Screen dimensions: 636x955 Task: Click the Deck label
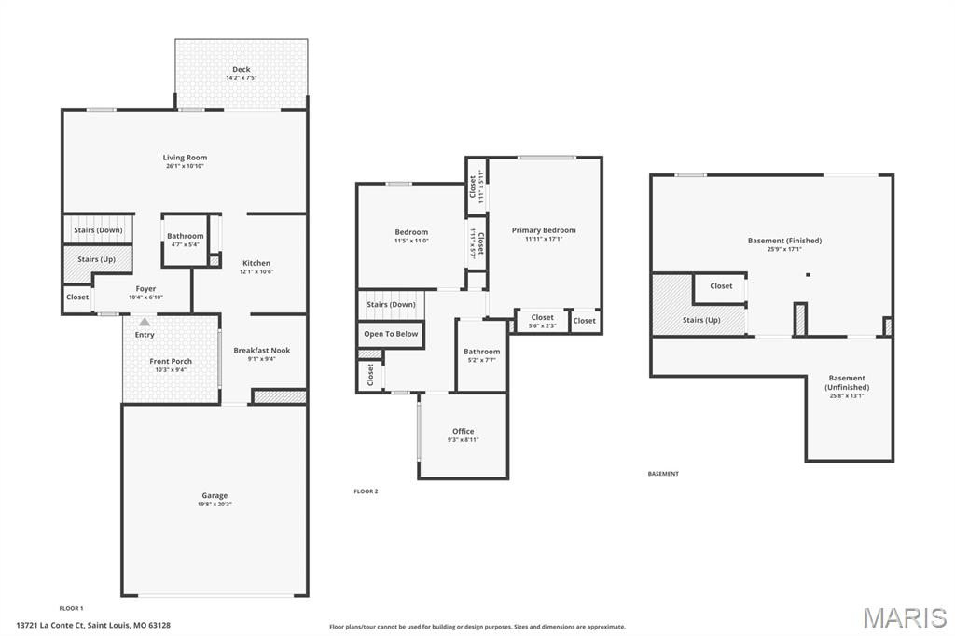click(x=241, y=70)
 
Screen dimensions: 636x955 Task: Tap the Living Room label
click(x=185, y=158)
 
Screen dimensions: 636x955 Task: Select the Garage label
click(x=215, y=495)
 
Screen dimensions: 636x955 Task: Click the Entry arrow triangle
click(x=144, y=322)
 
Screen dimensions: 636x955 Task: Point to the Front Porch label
click(x=171, y=361)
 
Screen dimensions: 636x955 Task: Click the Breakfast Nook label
click(x=261, y=351)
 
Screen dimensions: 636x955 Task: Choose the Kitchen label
click(x=256, y=263)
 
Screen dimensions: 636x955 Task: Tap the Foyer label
click(x=145, y=289)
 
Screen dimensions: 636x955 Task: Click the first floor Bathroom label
click(x=186, y=236)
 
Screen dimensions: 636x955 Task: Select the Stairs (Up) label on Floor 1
click(x=98, y=259)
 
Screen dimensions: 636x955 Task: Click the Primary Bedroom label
click(x=544, y=230)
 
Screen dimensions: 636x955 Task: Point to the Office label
click(x=464, y=431)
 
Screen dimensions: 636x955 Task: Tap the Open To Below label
click(x=391, y=333)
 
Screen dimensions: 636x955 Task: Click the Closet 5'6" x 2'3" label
click(x=542, y=317)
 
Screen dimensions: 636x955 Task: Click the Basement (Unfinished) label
click(x=846, y=382)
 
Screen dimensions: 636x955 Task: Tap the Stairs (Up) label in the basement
click(x=701, y=320)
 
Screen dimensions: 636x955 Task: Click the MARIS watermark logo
click(x=904, y=617)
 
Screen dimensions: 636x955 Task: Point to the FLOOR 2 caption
click(x=366, y=491)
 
